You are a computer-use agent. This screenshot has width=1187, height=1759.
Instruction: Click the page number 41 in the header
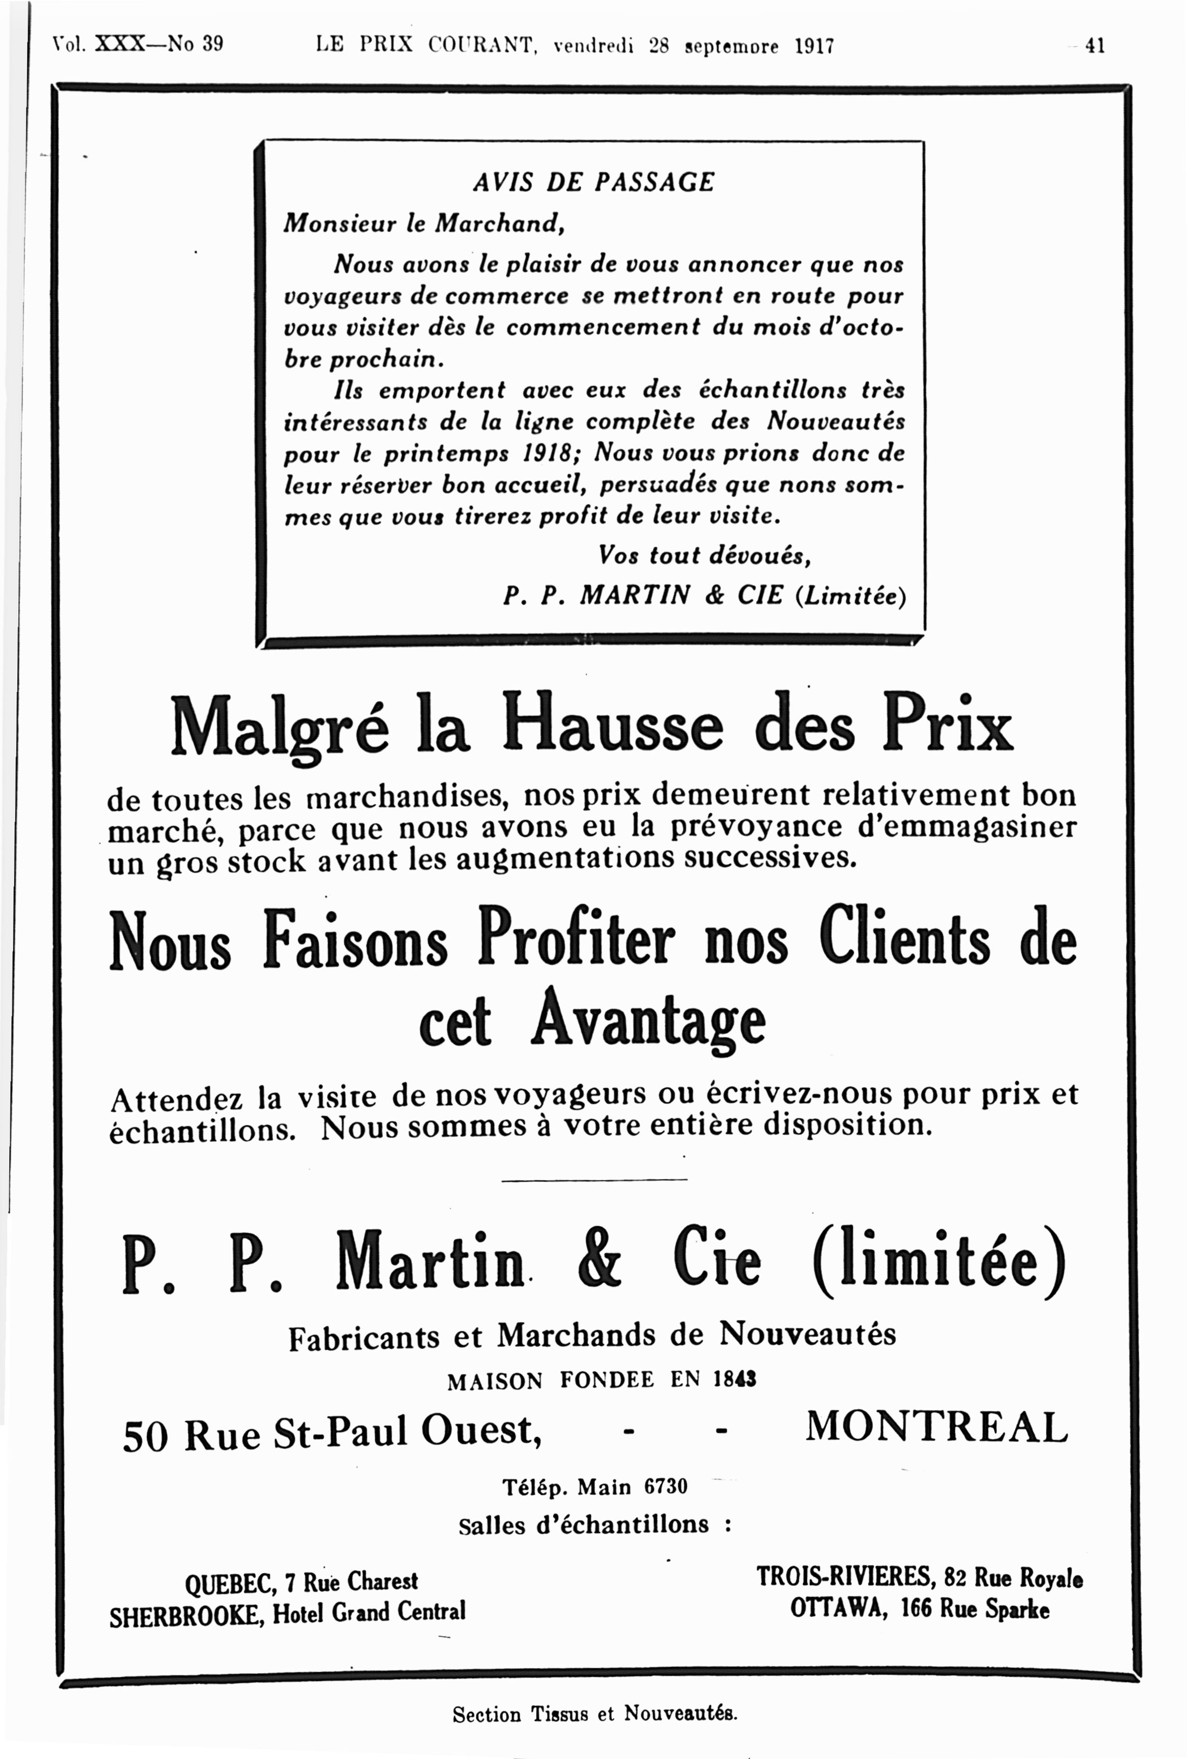[1095, 45]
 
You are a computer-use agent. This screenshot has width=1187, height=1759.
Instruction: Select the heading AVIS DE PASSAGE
[593, 182]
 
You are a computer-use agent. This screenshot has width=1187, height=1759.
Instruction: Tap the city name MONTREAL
[936, 1427]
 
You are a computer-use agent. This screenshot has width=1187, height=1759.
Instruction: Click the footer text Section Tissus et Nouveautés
[594, 1714]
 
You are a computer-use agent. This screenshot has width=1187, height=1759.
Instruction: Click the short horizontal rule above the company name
[594, 1180]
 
